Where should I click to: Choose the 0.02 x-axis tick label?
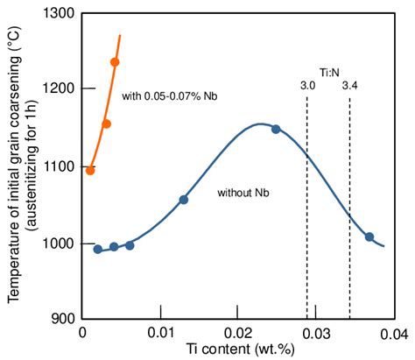tap(237, 333)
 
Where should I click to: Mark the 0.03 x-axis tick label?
tap(315, 333)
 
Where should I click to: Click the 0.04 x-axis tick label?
tap(391, 333)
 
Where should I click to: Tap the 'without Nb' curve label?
tap(242, 191)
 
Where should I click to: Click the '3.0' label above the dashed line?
tap(307, 85)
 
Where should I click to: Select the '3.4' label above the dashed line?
tap(350, 85)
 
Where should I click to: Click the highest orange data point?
tap(115, 62)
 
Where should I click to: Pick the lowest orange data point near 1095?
tap(90, 170)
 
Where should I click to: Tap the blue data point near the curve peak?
tap(276, 130)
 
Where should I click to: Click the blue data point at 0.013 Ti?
tap(183, 200)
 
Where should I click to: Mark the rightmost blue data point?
tap(369, 237)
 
